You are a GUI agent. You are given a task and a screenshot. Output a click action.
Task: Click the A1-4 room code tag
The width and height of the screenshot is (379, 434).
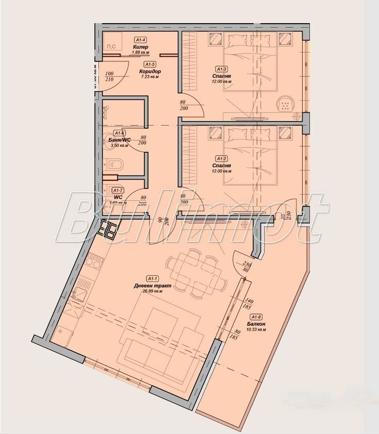pyautogui.click(x=141, y=40)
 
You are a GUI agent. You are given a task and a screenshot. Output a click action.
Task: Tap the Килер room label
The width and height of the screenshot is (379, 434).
pyautogui.click(x=141, y=46)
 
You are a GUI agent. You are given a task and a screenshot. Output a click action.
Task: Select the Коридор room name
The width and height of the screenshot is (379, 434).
pyautogui.click(x=150, y=71)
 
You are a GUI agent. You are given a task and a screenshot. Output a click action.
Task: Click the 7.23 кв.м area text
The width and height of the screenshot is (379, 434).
pyautogui.click(x=150, y=77)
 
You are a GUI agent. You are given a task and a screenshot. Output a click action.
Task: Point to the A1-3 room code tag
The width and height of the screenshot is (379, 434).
pyautogui.click(x=222, y=69)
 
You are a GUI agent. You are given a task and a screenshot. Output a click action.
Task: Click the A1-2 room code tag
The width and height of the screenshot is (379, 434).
pyautogui.click(x=222, y=159)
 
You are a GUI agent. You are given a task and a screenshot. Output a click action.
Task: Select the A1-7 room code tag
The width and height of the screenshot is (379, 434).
pyautogui.click(x=118, y=190)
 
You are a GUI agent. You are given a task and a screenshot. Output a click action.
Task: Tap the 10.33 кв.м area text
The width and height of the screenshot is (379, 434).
pyautogui.click(x=256, y=329)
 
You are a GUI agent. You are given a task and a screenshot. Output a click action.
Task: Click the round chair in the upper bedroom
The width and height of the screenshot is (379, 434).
pyautogui.click(x=284, y=104)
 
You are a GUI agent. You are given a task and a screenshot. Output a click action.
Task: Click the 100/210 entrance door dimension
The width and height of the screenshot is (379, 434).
pyautogui.click(x=109, y=76)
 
